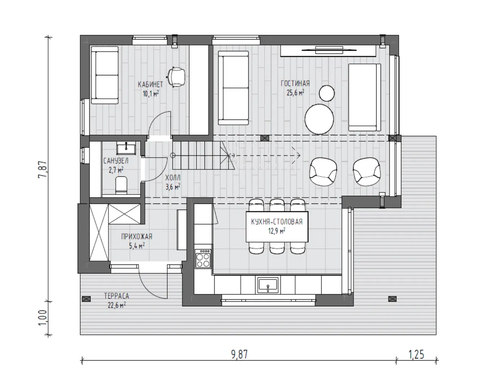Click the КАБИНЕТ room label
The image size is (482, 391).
150,84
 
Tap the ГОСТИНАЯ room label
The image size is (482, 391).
295,84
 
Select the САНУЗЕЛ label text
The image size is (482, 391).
116,161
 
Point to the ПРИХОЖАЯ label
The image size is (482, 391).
137,237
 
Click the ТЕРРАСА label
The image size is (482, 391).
117,296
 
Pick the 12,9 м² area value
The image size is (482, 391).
276,231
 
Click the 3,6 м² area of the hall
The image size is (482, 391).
173,187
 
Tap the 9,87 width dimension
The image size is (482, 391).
240,354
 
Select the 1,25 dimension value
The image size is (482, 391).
416,354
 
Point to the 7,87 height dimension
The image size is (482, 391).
43,169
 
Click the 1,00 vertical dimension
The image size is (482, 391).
43,318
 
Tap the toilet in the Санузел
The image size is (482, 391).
121,185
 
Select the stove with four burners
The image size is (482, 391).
203,259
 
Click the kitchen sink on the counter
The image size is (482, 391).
268,285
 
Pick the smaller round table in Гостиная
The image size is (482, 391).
327,93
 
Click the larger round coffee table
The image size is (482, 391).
319,119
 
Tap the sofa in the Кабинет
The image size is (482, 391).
105,75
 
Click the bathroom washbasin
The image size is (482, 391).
126,148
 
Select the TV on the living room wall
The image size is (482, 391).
329,50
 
